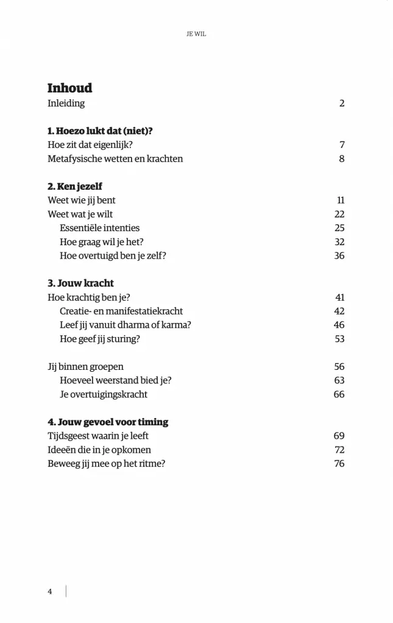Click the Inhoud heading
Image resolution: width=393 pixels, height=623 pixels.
[69, 88]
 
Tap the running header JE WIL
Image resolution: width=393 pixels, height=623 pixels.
[196, 35]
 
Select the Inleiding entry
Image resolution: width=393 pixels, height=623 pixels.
[66, 103]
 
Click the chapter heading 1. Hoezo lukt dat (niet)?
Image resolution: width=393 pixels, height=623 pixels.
[99, 131]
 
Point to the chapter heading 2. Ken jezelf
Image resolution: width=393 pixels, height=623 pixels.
[74, 186]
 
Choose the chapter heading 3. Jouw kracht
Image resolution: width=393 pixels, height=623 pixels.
[80, 284]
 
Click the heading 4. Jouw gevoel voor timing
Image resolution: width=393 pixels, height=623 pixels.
[108, 422]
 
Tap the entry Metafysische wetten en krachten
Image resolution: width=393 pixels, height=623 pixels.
[115, 159]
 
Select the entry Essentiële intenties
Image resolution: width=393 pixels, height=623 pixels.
[99, 228]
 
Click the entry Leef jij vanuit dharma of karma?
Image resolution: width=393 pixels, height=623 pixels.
[126, 325]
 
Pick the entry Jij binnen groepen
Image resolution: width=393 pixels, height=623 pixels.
[85, 366]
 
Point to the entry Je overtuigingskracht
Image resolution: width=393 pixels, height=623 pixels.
[104, 394]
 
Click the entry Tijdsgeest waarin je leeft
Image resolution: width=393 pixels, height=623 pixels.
[98, 436]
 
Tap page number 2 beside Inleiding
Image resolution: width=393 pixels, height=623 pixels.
[342, 103]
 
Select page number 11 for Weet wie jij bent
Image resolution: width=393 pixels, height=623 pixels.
[341, 200]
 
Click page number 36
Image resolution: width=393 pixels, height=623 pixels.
[339, 256]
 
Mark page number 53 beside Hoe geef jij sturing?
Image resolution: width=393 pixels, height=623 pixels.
[339, 339]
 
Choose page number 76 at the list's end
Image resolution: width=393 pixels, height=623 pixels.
[339, 464]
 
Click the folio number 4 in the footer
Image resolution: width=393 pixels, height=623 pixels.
[50, 591]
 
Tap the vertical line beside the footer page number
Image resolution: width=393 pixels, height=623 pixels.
[66, 591]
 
